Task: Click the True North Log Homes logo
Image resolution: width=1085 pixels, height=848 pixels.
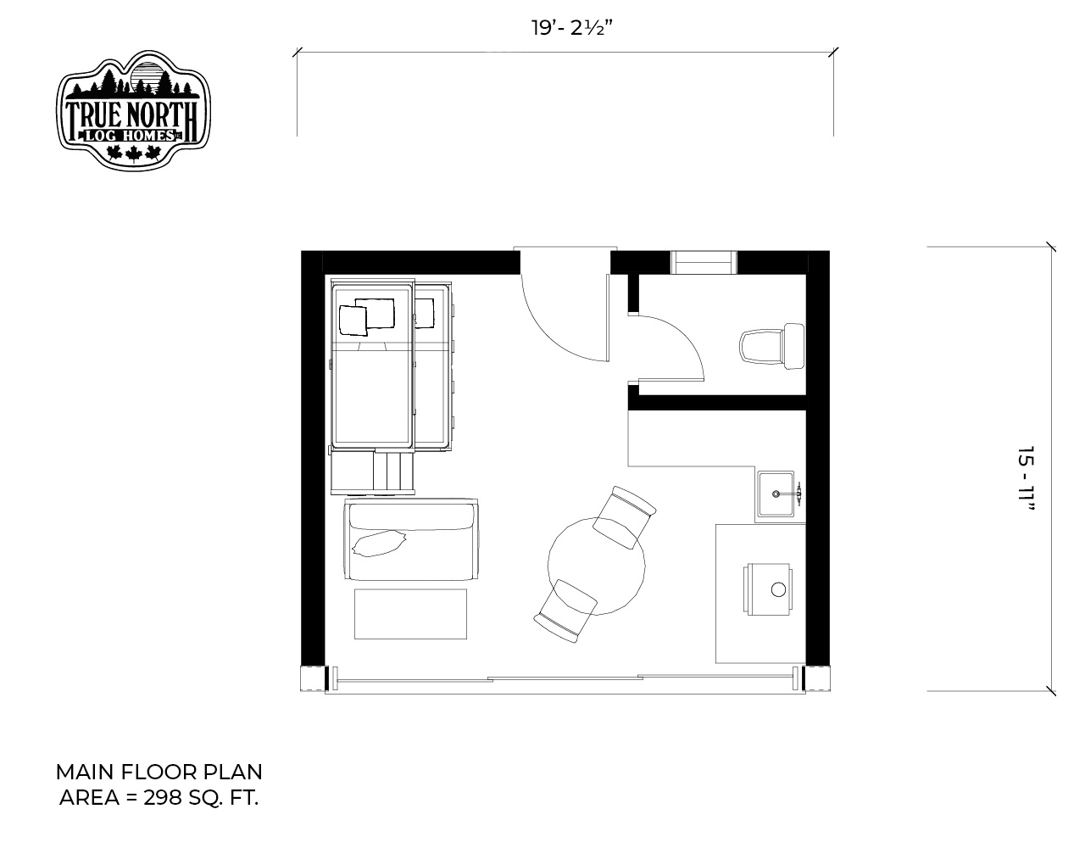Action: [133, 110]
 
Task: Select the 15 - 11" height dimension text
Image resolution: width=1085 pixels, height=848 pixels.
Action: [1025, 478]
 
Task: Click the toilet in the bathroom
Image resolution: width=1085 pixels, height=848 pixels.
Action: [772, 346]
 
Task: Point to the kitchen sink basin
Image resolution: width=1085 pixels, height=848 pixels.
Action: [776, 494]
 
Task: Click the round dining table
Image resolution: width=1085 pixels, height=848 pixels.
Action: [596, 566]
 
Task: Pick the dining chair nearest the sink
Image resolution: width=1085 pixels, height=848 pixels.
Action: [625, 516]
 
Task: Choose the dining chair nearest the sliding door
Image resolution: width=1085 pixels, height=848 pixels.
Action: [565, 611]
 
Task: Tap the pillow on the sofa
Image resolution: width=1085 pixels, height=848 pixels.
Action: [379, 544]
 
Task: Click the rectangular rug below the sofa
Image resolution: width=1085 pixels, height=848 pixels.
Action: [410, 614]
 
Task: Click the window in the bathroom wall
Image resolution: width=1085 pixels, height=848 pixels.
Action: [704, 262]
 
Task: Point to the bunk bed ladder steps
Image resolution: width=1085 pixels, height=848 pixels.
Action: [393, 472]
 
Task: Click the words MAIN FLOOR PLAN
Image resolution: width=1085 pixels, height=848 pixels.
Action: [159, 772]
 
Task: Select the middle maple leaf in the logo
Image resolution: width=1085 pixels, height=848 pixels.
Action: [133, 154]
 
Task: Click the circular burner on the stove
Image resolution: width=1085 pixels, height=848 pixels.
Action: [778, 590]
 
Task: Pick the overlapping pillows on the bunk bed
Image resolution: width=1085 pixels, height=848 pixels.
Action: [367, 316]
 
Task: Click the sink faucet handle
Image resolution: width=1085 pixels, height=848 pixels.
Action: [798, 494]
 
